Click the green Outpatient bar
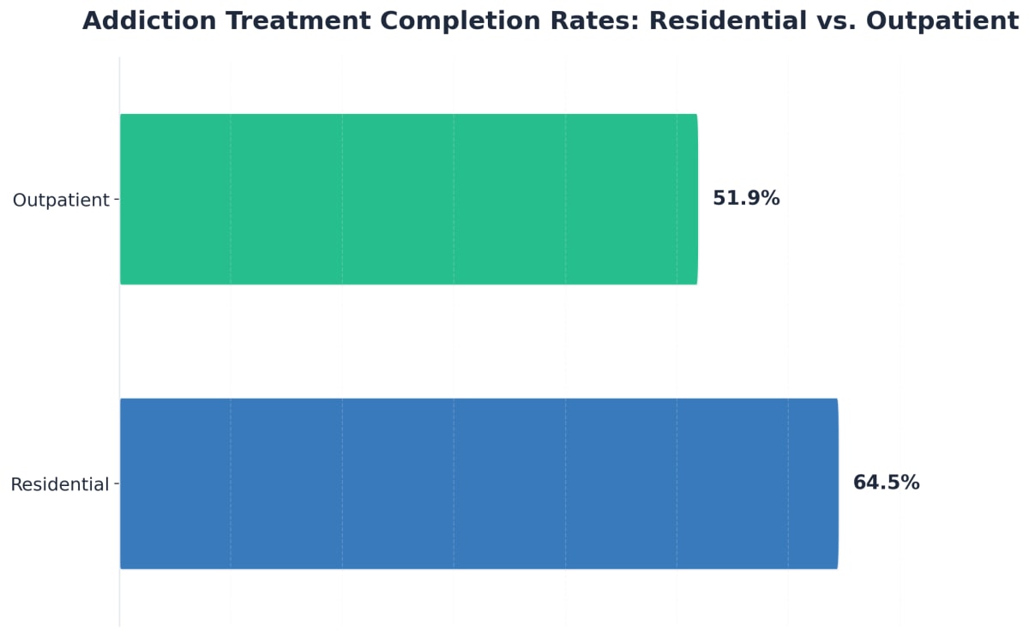[x=408, y=199]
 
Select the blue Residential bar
[x=478, y=483]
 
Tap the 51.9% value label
[x=746, y=199]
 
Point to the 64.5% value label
[x=886, y=483]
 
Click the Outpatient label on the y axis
[x=61, y=201]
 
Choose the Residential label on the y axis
[x=60, y=485]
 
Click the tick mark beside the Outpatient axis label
[x=116, y=200]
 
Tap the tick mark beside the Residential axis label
[x=116, y=484]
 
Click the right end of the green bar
[x=696, y=199]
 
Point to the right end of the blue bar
[x=836, y=483]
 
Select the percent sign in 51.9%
[x=771, y=199]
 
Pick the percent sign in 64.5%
[x=911, y=483]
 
